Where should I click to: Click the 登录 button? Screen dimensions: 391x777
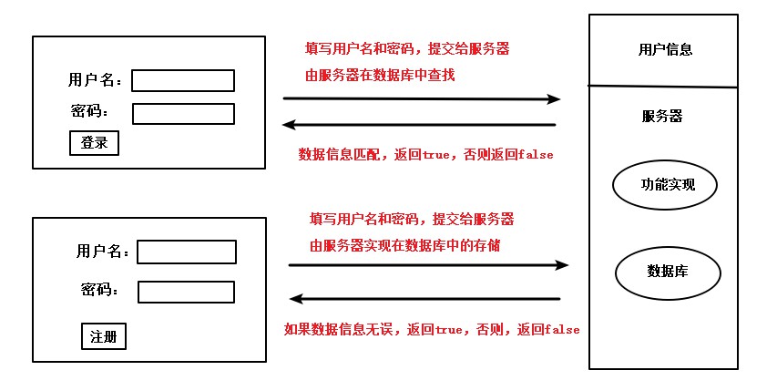click(x=94, y=143)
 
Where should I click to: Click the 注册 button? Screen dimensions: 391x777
click(x=104, y=336)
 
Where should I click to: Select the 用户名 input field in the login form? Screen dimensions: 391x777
click(x=183, y=81)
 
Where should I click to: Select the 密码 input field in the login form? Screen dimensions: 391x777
click(x=183, y=114)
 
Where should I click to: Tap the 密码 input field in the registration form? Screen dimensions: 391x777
click(x=186, y=292)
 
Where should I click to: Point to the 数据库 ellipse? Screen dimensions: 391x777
click(x=668, y=272)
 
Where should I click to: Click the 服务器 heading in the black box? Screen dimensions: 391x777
click(x=662, y=117)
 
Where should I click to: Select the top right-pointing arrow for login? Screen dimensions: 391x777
click(x=421, y=98)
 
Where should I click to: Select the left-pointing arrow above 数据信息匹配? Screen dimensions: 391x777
click(x=418, y=125)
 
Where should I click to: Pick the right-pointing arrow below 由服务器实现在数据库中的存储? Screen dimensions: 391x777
click(x=428, y=265)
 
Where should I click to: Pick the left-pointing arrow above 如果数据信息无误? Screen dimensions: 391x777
click(x=424, y=298)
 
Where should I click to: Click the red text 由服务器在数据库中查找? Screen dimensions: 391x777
click(x=380, y=76)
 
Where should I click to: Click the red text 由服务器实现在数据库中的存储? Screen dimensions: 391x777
click(x=404, y=245)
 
